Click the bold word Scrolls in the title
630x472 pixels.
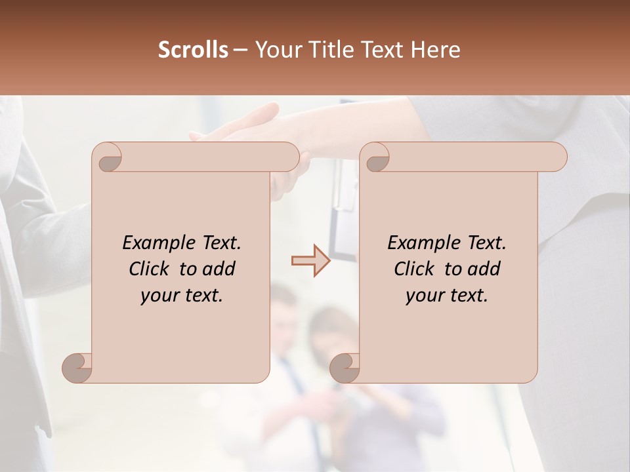tap(193, 50)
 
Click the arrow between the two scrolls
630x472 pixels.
tap(310, 260)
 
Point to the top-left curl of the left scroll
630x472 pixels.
tap(108, 157)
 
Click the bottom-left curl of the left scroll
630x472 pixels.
tap(77, 368)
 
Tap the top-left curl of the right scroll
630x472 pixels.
tap(377, 157)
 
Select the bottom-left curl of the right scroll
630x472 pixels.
tap(345, 368)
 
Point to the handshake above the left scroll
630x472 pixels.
tap(249, 128)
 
